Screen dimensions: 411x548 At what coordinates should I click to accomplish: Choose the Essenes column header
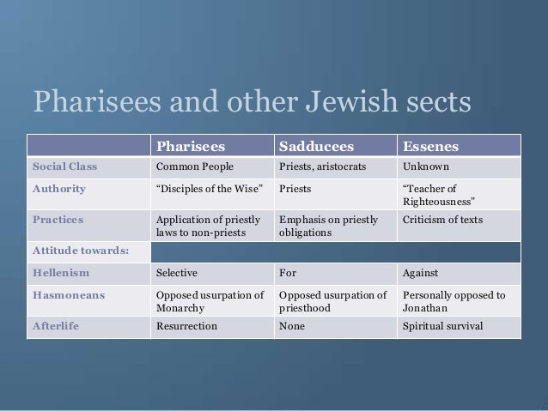[428, 144]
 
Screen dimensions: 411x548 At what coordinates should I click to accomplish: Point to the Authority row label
[58, 189]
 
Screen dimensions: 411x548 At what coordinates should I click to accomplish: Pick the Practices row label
[58, 220]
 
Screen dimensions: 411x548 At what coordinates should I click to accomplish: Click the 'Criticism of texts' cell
[441, 221]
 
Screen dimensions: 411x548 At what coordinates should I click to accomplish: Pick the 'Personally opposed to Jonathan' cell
[454, 302]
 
